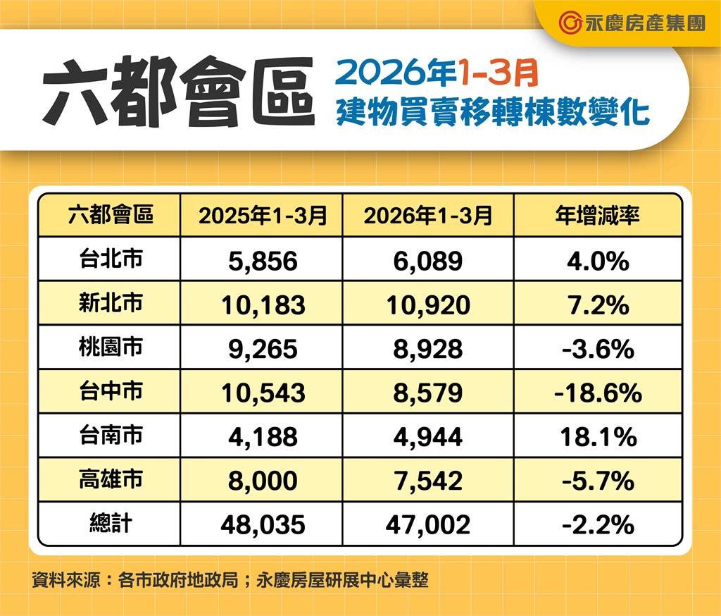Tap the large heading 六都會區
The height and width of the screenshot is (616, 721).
pos(178,92)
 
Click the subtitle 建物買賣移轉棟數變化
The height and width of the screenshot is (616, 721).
pos(492,112)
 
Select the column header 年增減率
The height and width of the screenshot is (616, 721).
pos(597,216)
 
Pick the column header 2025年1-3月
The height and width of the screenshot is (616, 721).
pos(263,216)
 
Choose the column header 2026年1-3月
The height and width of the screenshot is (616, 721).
pos(428,216)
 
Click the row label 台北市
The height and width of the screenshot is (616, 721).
pos(111,259)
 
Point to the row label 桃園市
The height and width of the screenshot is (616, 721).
pos(111,347)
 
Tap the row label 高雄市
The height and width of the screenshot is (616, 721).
pos(111,479)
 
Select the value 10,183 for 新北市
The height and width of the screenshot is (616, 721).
pos(263,304)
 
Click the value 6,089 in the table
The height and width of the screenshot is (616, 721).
pos(428,261)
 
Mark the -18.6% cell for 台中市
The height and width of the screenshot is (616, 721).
pos(597,393)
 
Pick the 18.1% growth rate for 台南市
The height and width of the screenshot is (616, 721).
pos(597,436)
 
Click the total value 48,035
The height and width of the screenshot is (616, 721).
pos(263,524)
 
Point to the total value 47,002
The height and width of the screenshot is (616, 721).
pos(428,524)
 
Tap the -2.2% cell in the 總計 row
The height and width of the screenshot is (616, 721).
pos(597,524)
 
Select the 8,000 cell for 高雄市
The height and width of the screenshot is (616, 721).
pos(263,481)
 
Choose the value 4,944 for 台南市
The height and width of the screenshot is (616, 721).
pos(428,436)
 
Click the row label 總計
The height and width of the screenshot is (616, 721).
pos(111,524)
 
